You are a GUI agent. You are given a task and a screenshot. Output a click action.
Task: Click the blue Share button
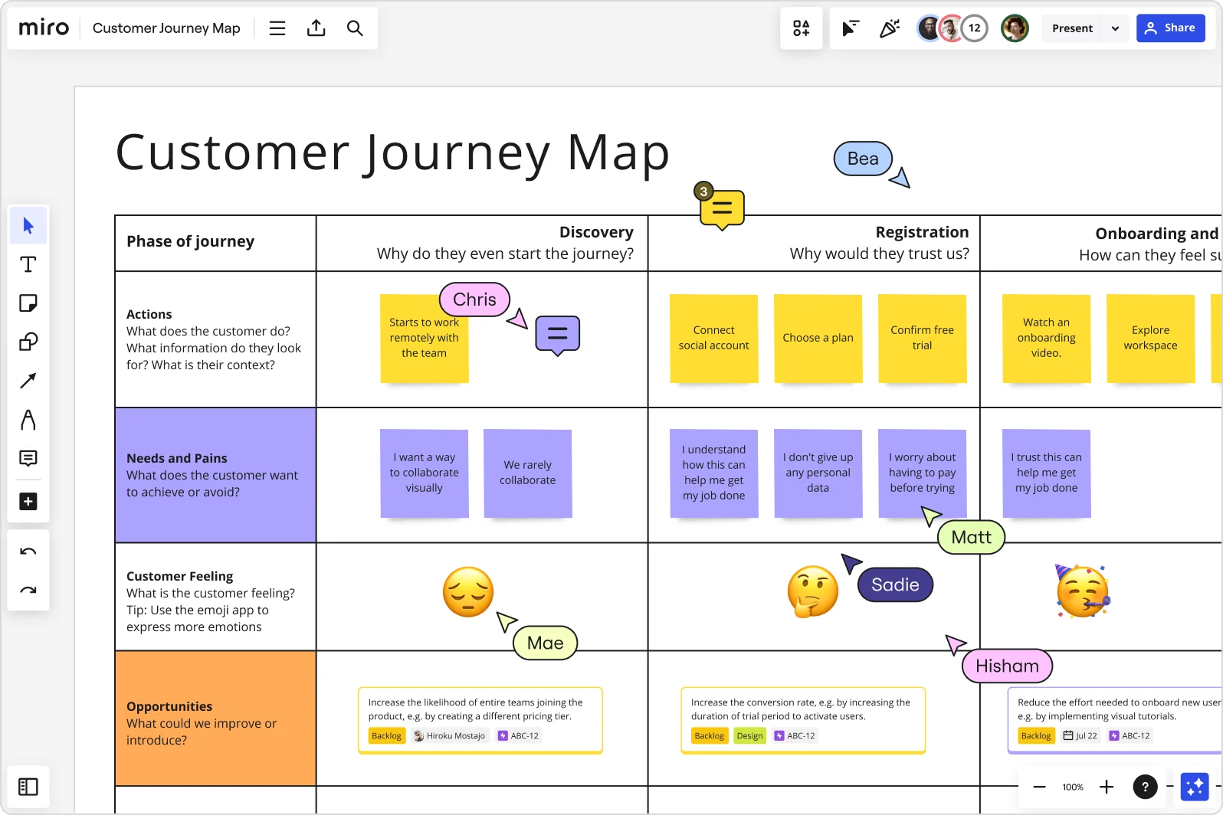(x=1170, y=28)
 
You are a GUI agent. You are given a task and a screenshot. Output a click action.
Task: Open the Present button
(x=1071, y=28)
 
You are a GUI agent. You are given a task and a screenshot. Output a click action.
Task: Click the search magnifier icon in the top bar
(x=354, y=28)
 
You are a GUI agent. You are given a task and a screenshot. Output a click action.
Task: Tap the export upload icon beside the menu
(x=316, y=28)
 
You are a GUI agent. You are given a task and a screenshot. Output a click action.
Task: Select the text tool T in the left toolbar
(x=28, y=264)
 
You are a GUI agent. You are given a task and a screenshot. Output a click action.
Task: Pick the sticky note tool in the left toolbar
(x=28, y=303)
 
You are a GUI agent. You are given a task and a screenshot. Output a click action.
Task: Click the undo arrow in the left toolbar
(x=28, y=552)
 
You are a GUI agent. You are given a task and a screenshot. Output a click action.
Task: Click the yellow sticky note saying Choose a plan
(x=818, y=338)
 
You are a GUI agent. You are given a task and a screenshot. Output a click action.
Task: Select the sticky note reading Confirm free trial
(x=922, y=338)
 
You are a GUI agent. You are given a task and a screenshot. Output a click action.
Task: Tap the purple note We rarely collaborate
(x=527, y=473)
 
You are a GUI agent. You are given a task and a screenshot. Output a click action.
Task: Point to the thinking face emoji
(x=812, y=591)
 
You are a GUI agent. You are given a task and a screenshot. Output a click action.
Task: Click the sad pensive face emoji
(x=468, y=591)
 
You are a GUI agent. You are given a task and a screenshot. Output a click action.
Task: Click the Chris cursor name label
(x=474, y=299)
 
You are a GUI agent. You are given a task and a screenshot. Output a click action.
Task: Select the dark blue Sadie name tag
(x=895, y=584)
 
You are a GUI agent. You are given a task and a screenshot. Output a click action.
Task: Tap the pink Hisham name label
(x=1007, y=666)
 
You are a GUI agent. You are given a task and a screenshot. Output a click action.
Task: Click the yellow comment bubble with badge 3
(x=722, y=208)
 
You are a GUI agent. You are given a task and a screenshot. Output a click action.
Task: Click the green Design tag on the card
(x=749, y=735)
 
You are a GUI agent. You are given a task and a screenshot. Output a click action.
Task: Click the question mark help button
(x=1145, y=787)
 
